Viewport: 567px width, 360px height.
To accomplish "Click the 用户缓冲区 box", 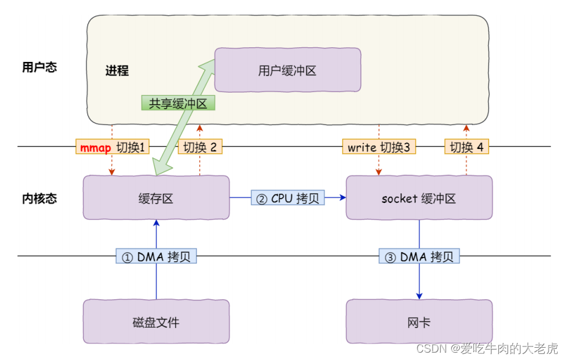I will [287, 71].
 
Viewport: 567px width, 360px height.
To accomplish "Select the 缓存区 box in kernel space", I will [156, 197].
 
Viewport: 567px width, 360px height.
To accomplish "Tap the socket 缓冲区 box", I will [419, 198].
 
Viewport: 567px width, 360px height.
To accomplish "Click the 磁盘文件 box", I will [156, 321].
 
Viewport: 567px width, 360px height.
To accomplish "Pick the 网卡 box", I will [419, 321].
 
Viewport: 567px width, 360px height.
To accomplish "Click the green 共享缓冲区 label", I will [178, 103].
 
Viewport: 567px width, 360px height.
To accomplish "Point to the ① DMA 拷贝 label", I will [156, 256].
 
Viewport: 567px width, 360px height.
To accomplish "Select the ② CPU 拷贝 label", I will [287, 197].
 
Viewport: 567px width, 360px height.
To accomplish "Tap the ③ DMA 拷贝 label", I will [419, 256].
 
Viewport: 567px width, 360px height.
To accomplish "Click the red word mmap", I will [96, 147].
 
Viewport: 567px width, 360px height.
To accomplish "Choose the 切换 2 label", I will [200, 147].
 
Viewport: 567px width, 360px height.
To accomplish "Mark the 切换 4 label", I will [466, 147].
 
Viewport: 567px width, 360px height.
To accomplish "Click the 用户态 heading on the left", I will [39, 67].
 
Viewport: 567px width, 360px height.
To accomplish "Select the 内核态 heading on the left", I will [39, 198].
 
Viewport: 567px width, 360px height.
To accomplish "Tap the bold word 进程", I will [116, 70].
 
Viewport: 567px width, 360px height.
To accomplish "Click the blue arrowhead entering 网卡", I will [419, 296].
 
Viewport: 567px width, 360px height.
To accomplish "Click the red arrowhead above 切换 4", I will [466, 128].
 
